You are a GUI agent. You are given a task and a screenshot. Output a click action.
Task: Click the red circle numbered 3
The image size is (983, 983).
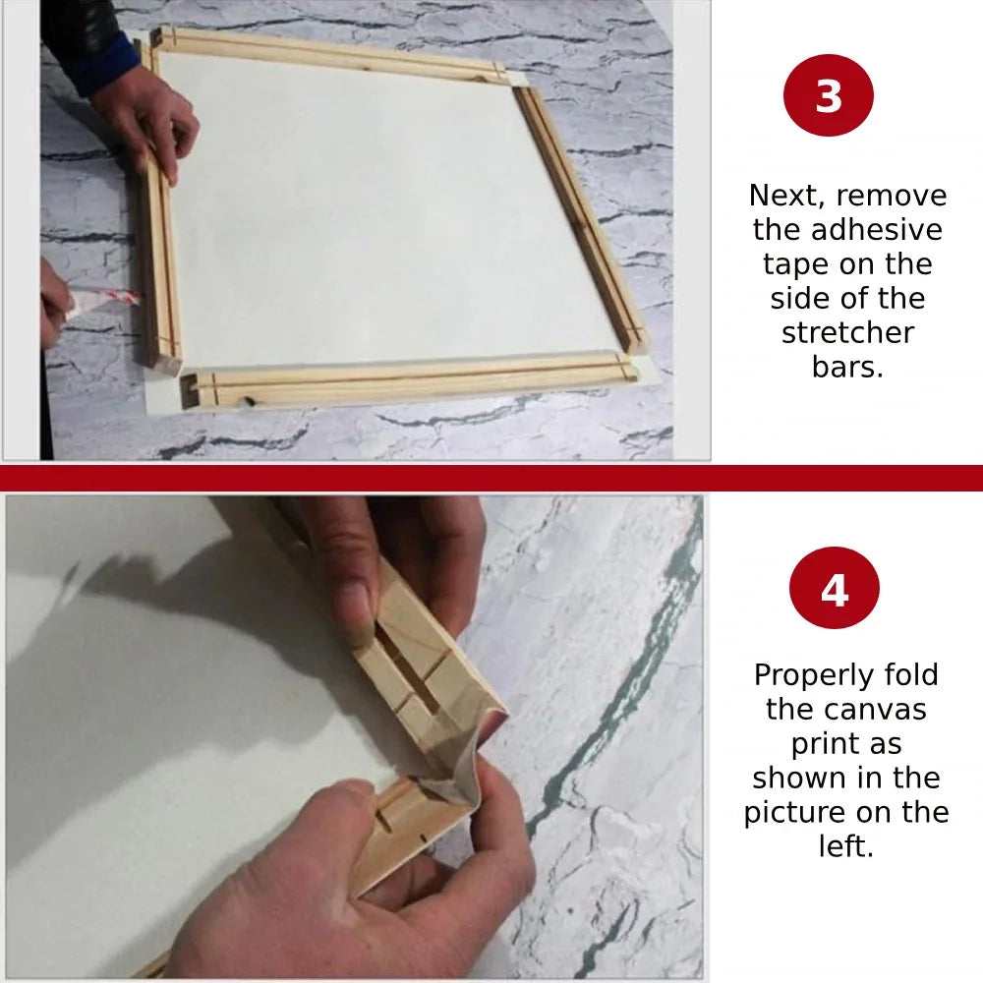tap(828, 95)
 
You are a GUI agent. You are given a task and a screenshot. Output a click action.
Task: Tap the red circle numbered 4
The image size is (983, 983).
tap(834, 588)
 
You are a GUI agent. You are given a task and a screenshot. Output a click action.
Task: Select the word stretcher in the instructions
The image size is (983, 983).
tap(847, 332)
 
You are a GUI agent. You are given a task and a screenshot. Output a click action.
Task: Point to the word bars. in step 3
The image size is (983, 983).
tap(847, 367)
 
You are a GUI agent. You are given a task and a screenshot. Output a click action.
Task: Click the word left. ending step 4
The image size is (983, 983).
tap(845, 846)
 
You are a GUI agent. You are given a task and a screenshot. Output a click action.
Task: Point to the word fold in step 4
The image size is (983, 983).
tap(910, 674)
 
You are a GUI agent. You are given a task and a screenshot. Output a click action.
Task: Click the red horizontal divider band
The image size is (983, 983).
tap(491, 478)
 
